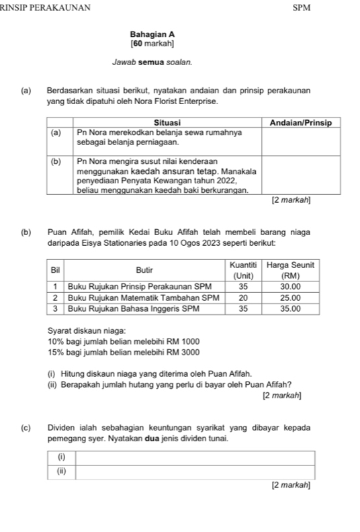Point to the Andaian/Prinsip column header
coord(301,122)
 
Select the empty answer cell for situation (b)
coord(301,176)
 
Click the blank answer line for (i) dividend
coord(195,457)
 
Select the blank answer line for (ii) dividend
coord(195,470)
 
